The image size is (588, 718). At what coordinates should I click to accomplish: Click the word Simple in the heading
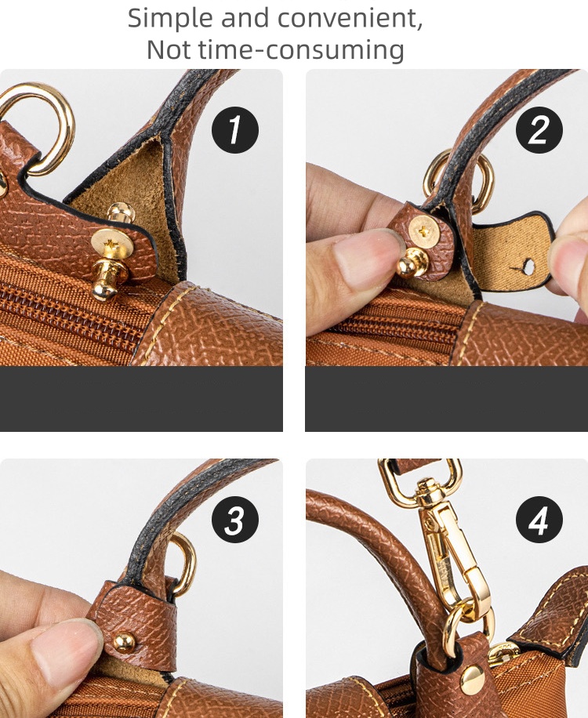coord(171,19)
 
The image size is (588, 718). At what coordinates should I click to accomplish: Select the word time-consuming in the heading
coord(301,49)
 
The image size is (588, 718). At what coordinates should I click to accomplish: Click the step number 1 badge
coord(235,130)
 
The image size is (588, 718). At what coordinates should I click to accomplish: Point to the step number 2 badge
coord(539,130)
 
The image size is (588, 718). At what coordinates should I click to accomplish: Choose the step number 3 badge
coord(235,520)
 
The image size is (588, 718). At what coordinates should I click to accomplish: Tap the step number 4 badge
coord(539,520)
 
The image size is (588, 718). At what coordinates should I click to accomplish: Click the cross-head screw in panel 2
coord(424,231)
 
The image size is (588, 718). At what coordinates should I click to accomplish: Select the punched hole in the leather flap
coord(528,267)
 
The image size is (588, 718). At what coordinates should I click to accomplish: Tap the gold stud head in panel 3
coord(124,642)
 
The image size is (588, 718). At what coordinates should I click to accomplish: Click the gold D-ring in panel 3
coord(185,564)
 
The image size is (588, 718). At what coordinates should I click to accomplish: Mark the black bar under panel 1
coord(141,399)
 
